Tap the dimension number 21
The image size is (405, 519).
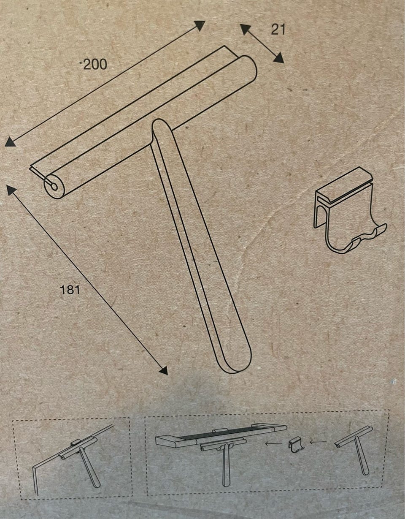[x=278, y=30]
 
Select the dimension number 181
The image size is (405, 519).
[x=70, y=290]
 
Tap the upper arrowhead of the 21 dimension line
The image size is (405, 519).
[x=246, y=30]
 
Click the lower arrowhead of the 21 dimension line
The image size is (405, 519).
[x=278, y=57]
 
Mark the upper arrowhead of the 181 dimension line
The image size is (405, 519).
[x=11, y=191]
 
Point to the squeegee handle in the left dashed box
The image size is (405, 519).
[x=90, y=463]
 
